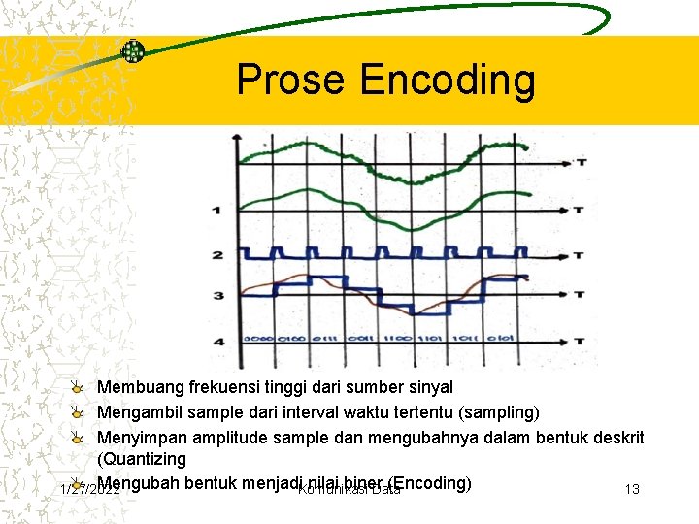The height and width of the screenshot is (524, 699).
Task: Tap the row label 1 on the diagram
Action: coord(216,210)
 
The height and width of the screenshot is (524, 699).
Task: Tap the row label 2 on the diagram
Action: coord(217,255)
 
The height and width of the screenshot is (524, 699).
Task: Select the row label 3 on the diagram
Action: coord(217,295)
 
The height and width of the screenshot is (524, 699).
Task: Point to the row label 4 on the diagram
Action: coord(217,342)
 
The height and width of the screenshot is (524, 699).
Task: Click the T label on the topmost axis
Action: coord(580,163)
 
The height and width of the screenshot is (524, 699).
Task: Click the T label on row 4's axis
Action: coord(580,342)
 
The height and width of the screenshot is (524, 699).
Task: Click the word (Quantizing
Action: coord(142,459)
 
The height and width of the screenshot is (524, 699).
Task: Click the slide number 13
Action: coord(632,489)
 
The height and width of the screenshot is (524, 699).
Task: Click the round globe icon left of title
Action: coord(132,51)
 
